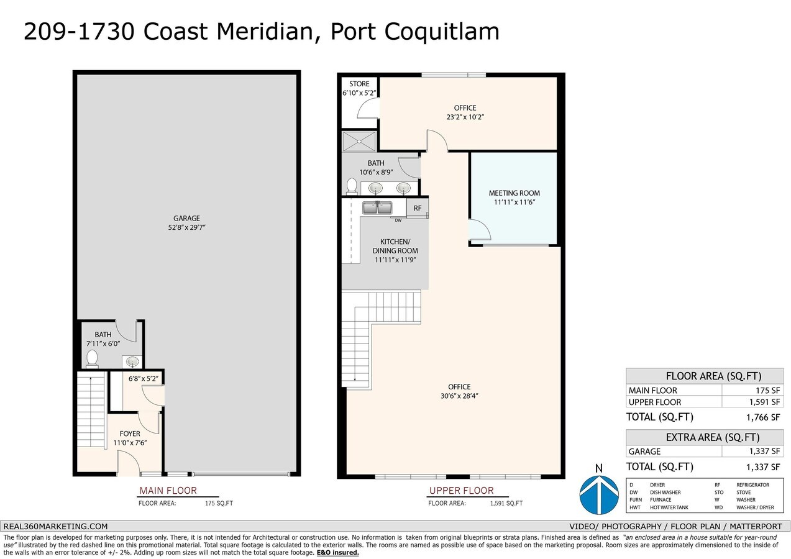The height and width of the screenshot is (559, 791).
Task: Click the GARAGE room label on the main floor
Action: point(186,218)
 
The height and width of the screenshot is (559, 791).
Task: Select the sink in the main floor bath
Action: point(132,361)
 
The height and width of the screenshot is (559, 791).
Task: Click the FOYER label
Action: point(130,434)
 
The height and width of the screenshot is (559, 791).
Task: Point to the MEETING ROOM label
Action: point(514,193)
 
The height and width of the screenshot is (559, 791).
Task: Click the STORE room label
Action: point(359,84)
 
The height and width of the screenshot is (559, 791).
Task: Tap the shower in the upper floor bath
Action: point(359,140)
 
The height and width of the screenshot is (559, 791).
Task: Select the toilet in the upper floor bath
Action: point(352,186)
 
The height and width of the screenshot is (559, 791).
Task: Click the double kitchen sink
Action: point(377,207)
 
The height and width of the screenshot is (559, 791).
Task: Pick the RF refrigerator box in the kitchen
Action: point(418,209)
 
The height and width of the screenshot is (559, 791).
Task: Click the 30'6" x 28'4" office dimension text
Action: point(460,396)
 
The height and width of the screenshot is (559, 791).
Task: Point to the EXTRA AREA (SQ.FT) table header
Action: point(705,437)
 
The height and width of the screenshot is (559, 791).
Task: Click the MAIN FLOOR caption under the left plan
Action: point(168,491)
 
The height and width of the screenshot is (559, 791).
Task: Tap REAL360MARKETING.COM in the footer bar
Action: point(56,526)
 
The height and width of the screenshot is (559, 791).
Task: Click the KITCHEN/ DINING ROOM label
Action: point(395,246)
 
